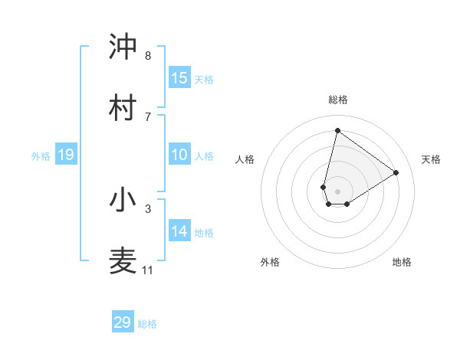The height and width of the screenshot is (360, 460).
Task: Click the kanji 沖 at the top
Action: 123,47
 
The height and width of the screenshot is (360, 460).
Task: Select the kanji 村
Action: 123,106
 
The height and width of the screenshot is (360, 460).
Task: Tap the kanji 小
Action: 123,200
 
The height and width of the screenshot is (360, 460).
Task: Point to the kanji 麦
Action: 123,260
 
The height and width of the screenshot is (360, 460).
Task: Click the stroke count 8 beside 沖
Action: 148,56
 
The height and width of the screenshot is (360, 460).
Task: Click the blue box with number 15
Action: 179,78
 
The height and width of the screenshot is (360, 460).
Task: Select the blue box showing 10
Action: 179,155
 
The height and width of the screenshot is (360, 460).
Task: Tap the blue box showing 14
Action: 179,231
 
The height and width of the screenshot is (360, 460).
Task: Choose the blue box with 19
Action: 66,155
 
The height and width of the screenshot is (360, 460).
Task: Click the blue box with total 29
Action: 123,322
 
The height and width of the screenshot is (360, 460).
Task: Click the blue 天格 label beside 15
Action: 203,79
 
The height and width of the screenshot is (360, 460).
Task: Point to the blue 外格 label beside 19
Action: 41,156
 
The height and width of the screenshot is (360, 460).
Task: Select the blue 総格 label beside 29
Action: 147,323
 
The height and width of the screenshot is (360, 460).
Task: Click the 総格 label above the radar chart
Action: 338,100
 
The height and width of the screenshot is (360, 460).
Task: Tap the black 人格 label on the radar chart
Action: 245,159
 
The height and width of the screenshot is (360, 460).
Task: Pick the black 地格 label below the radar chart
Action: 402,262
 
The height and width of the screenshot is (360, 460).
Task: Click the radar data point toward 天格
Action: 396,172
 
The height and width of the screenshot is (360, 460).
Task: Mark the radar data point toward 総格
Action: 337,130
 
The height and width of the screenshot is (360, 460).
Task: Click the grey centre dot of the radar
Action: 337,182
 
